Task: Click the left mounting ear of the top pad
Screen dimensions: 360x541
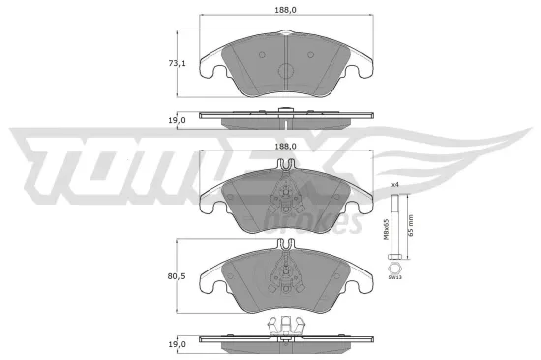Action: (x=209, y=67)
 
